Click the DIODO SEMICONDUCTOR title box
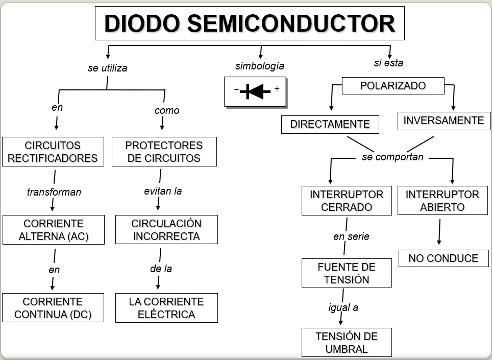tap(250, 23)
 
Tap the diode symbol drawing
tap(255, 91)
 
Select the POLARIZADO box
tap(393, 86)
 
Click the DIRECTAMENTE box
tap(330, 124)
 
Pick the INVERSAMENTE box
tap(444, 121)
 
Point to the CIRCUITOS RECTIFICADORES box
tap(53, 152)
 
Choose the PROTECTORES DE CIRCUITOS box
tap(164, 152)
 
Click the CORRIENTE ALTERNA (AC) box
tap(54, 230)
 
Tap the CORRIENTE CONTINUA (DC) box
tap(53, 308)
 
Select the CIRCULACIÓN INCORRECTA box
tap(166, 230)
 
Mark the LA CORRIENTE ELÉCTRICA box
tap(166, 308)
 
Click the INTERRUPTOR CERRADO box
tap(347, 201)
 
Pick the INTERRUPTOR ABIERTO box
tap(442, 201)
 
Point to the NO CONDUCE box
tap(444, 258)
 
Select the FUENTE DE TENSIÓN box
tap(347, 273)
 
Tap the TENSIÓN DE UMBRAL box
tap(347, 343)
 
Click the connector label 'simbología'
tap(260, 66)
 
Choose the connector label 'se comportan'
tap(392, 157)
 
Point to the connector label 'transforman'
tap(54, 193)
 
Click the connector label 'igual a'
tap(343, 307)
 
